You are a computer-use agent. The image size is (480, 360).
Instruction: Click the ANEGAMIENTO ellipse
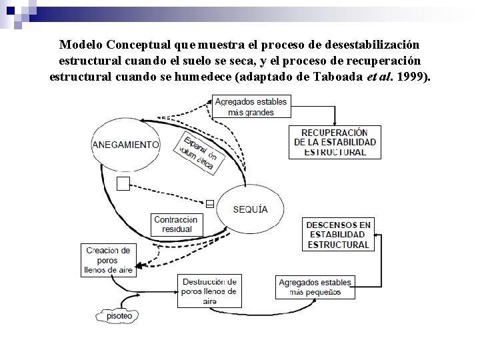[127, 144]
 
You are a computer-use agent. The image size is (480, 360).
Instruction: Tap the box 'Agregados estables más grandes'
[251, 107]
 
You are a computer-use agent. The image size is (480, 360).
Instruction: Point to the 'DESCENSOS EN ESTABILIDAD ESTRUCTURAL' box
[338, 235]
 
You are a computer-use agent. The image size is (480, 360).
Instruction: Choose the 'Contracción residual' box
[175, 224]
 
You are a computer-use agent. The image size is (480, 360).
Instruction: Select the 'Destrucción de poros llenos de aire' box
[209, 291]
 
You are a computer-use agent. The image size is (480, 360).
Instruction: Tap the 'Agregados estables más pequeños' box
[315, 287]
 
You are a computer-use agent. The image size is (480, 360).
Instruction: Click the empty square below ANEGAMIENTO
[123, 184]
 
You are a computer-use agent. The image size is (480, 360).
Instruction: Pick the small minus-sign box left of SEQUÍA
[209, 204]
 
